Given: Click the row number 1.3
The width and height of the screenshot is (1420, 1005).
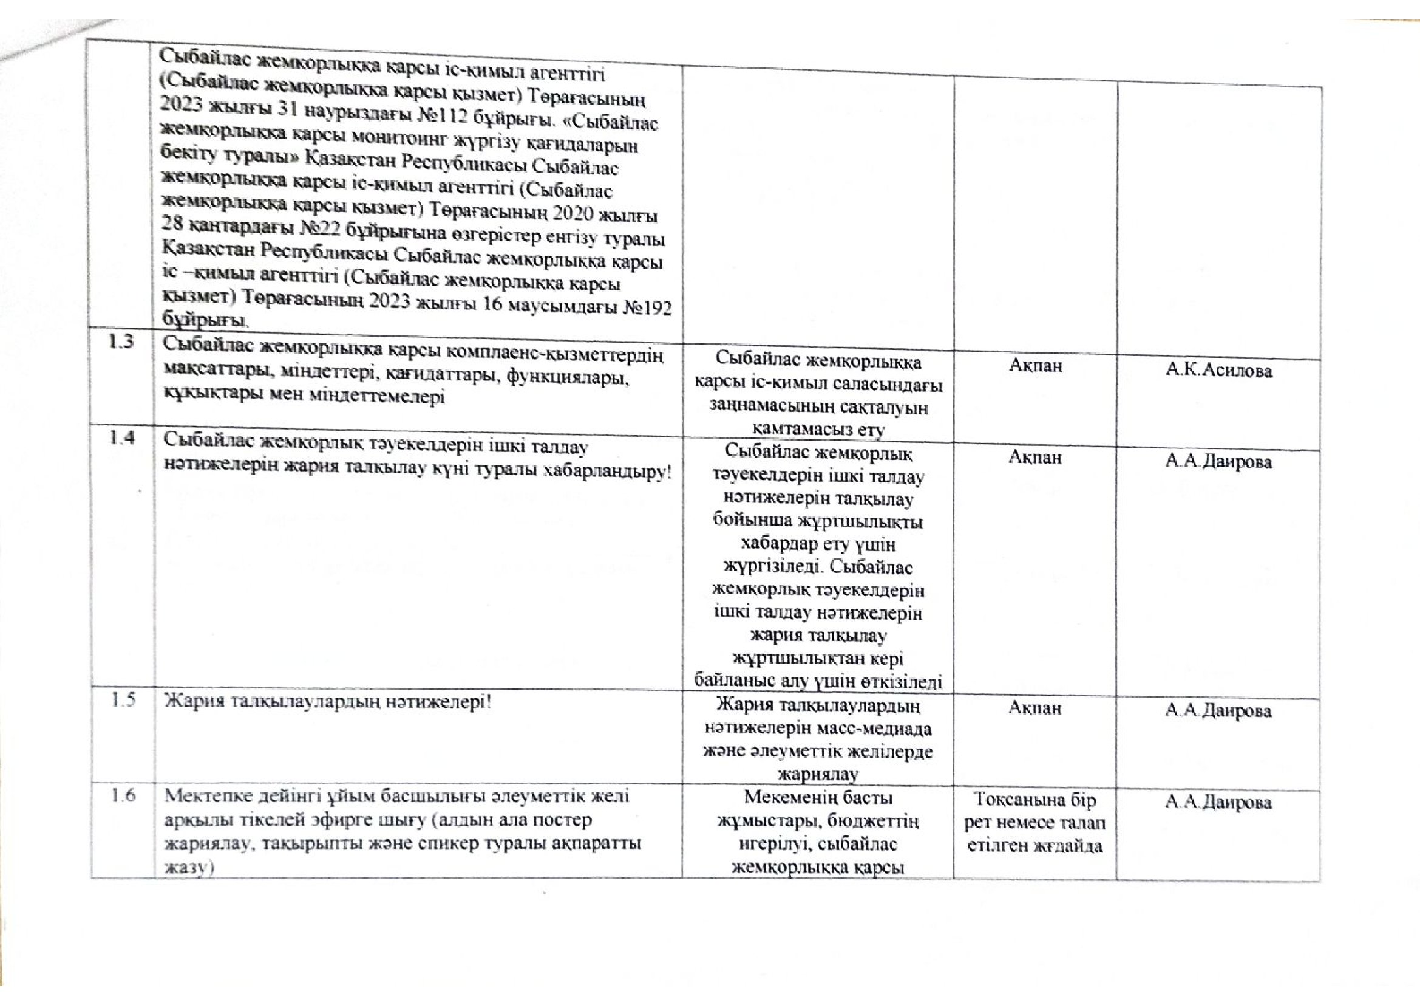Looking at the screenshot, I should [122, 341].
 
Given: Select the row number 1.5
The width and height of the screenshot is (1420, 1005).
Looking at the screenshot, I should [123, 702].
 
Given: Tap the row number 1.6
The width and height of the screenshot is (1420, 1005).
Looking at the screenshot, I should [123, 795].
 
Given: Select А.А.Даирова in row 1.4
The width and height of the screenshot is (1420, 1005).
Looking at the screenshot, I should [1218, 462].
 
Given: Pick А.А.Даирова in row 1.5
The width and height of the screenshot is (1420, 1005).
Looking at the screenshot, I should [1218, 711].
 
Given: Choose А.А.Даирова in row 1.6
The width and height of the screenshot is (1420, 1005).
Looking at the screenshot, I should [1218, 803].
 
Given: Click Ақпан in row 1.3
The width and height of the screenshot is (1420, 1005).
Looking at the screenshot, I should [1035, 366].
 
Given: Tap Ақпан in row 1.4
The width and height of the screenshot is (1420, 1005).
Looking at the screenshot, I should [1035, 458].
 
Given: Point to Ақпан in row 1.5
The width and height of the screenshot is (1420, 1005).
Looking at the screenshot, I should [1034, 708].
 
